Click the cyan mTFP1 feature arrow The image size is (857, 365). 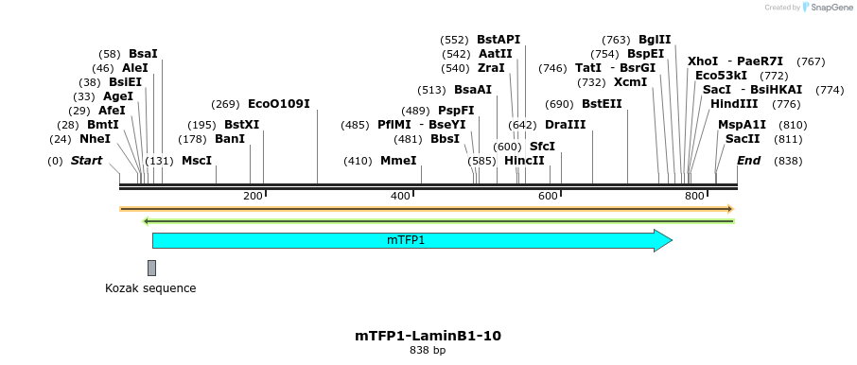tap(407, 240)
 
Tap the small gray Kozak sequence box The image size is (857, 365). tap(151, 268)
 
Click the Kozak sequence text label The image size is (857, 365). tap(150, 288)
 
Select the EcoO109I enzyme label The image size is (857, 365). tap(278, 104)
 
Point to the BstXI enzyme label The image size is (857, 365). tap(241, 125)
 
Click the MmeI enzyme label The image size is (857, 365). tap(398, 161)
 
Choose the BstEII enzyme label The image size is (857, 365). tap(602, 104)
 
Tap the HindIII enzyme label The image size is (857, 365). tap(734, 104)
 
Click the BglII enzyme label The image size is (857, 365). tap(655, 40)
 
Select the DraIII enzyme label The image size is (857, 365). tap(565, 125)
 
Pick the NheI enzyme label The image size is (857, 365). tap(95, 139)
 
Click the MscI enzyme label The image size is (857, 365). tap(197, 161)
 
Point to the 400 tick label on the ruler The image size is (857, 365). tap(400, 196)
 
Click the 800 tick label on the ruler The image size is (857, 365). tap(694, 196)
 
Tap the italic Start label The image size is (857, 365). tap(86, 161)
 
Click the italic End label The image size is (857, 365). tap(748, 161)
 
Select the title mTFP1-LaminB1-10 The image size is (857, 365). tap(428, 336)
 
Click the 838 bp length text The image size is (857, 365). tap(428, 351)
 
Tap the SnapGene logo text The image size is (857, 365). tap(830, 8)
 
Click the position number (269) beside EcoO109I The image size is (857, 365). tap(225, 104)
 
